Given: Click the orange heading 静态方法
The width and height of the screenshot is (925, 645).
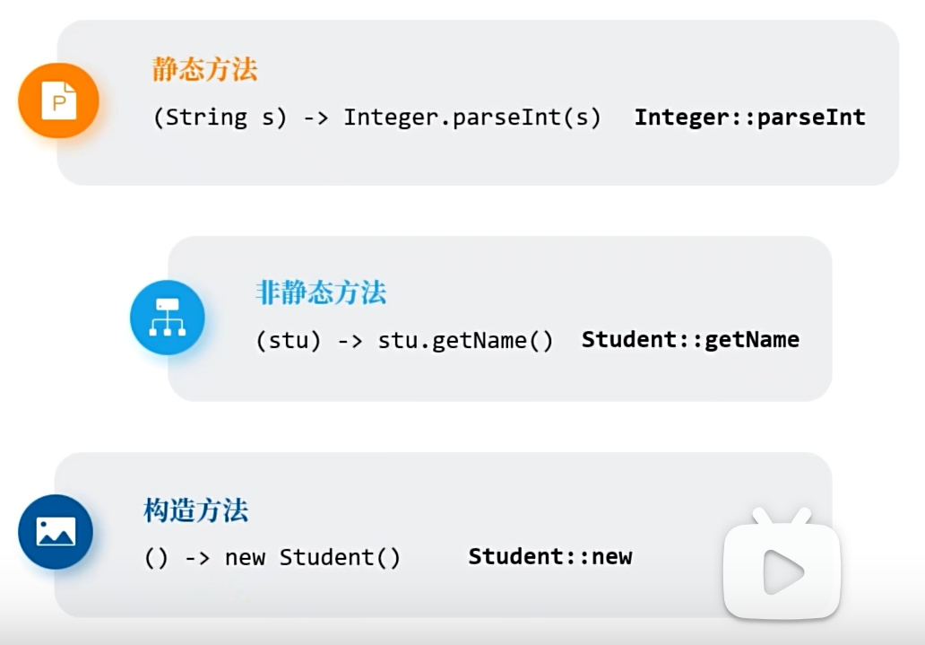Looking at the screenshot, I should pyautogui.click(x=204, y=69).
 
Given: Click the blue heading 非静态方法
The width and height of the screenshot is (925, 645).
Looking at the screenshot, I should pyautogui.click(x=321, y=292).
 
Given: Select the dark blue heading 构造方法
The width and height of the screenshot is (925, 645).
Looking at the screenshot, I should pyautogui.click(x=195, y=510).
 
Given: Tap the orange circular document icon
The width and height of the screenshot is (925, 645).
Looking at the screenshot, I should pyautogui.click(x=58, y=100).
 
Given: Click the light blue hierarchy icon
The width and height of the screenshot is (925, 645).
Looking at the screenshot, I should pyautogui.click(x=168, y=318).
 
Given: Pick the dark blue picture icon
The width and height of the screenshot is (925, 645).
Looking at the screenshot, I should pyautogui.click(x=56, y=532).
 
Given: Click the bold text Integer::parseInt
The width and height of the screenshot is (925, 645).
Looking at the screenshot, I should pyautogui.click(x=749, y=117).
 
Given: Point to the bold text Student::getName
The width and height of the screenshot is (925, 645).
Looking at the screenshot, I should pyautogui.click(x=690, y=340).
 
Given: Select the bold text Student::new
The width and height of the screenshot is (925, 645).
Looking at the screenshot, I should pyautogui.click(x=550, y=556).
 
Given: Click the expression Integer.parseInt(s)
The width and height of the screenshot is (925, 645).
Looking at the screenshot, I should pyautogui.click(x=471, y=118).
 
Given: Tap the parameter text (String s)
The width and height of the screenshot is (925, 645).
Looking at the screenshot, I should pyautogui.click(x=220, y=118).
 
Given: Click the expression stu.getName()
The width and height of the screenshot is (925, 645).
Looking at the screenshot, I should pyautogui.click(x=465, y=341).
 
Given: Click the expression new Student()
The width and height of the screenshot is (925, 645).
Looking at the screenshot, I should pyautogui.click(x=313, y=557).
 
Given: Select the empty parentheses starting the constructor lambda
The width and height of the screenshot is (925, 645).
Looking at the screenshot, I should pyautogui.click(x=156, y=557).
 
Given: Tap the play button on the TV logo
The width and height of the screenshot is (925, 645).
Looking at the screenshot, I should pyautogui.click(x=782, y=571).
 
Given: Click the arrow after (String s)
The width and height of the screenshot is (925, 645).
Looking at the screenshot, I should pyautogui.click(x=316, y=118).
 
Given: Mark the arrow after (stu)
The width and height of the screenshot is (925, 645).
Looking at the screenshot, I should pyautogui.click(x=350, y=341).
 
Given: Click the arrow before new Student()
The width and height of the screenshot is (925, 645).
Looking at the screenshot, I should pyautogui.click(x=197, y=557).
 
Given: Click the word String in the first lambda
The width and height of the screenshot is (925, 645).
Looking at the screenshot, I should pyautogui.click(x=207, y=118).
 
